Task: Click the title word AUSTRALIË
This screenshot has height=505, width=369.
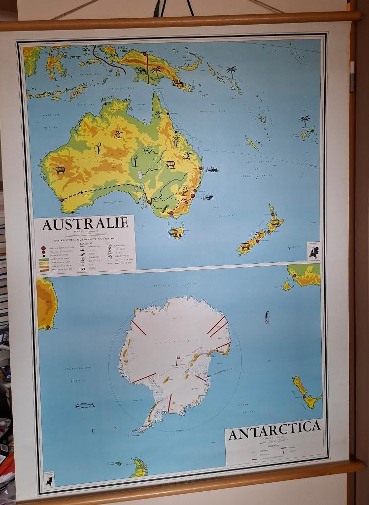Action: point(85,223)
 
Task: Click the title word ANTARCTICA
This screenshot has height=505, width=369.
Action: point(274,433)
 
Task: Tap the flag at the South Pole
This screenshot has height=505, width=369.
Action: point(178,357)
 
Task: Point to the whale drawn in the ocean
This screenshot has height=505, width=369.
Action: point(85,405)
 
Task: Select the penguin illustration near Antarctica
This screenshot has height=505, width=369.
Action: point(267,316)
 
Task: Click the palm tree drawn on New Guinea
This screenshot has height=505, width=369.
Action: point(156,72)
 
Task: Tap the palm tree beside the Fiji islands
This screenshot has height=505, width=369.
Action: point(305,120)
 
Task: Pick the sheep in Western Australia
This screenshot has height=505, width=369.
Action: point(60,170)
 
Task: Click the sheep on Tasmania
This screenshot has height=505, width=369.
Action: point(174,232)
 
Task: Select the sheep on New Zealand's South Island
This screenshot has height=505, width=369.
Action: point(245,246)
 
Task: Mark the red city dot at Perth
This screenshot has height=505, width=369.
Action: point(62,200)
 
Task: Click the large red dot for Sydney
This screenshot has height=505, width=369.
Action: point(193,196)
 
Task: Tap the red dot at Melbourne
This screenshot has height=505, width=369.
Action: point(171,214)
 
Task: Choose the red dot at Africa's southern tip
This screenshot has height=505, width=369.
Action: point(48,326)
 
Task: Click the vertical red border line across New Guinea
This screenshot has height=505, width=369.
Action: point(147,69)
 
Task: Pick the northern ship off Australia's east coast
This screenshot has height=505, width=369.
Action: point(212,169)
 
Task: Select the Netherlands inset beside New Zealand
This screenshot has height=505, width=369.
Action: point(313,251)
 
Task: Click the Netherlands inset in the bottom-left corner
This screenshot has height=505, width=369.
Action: point(49,478)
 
